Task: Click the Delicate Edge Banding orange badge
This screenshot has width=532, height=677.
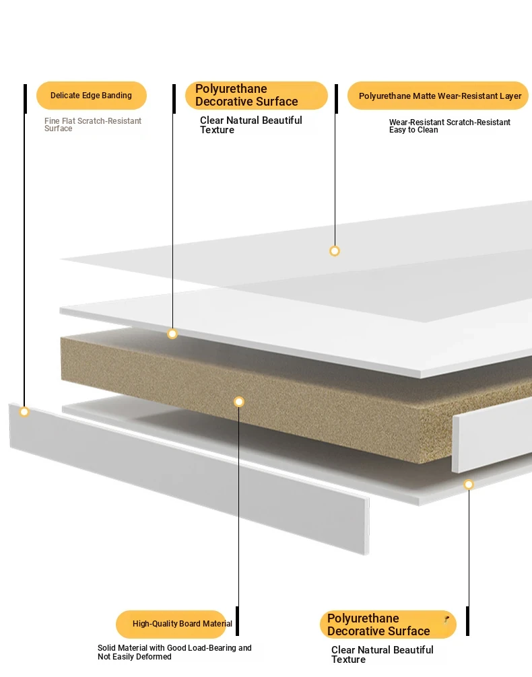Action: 92,96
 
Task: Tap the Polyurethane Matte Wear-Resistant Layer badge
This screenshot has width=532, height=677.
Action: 438,96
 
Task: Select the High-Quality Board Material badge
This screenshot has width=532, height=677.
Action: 171,624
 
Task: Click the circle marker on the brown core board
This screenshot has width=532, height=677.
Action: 239,402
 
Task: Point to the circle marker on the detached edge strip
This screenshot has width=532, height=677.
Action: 24,412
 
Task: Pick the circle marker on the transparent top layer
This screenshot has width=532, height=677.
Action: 335,251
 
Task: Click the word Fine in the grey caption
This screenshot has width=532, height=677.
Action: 52,121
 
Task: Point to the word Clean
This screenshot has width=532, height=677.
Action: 428,130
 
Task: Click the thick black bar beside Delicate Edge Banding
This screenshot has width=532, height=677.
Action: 25,99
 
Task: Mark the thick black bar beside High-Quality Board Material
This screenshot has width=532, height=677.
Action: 237,621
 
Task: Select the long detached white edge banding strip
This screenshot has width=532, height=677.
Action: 189,478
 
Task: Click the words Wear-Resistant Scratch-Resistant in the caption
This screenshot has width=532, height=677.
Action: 449,122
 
